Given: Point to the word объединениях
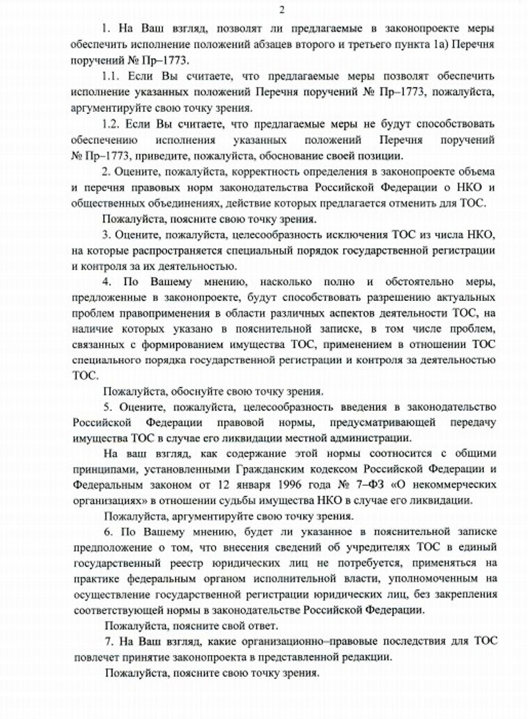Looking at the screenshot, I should [x=180, y=203].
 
